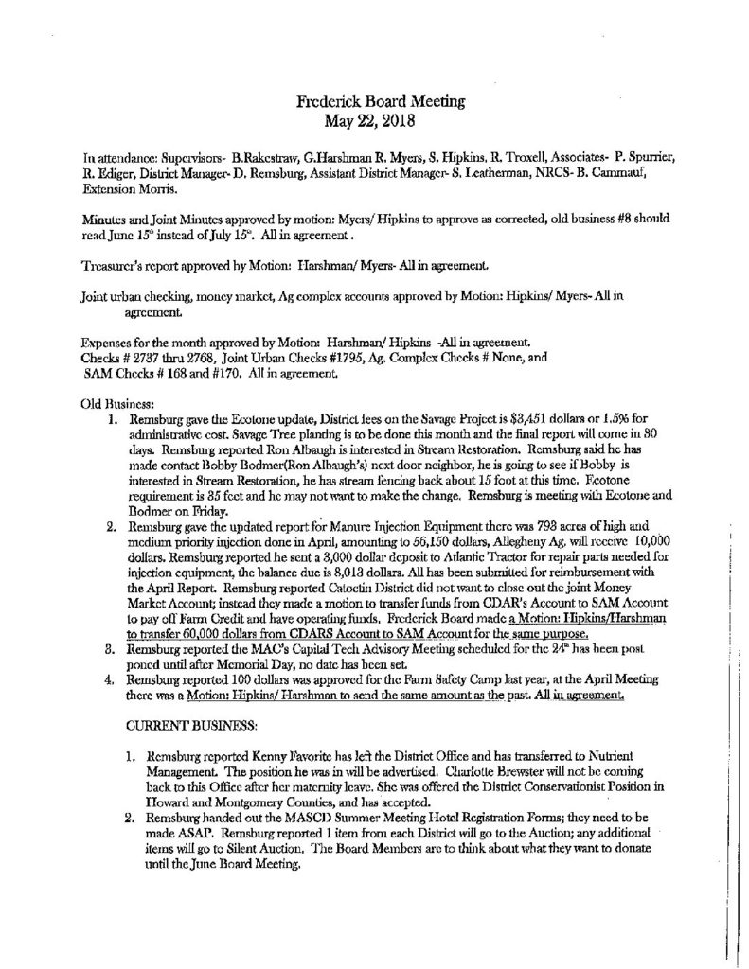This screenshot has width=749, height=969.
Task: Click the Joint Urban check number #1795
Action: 358,361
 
